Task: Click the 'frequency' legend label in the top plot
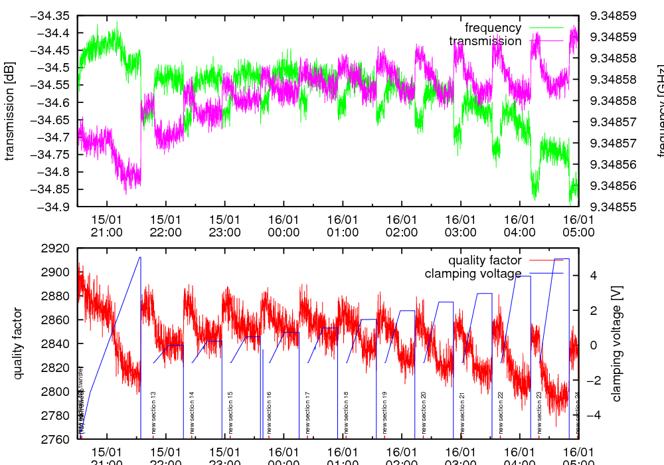point(493,28)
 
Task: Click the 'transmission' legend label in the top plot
point(485,41)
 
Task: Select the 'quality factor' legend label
point(484,260)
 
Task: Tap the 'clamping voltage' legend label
point(473,274)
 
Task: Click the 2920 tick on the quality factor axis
point(57,248)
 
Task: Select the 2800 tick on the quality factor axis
point(57,391)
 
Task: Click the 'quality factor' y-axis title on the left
point(18,343)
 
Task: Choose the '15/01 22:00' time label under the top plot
point(165,226)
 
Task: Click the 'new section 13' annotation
point(153,413)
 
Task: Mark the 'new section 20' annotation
point(423,413)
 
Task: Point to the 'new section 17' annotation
point(307,413)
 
